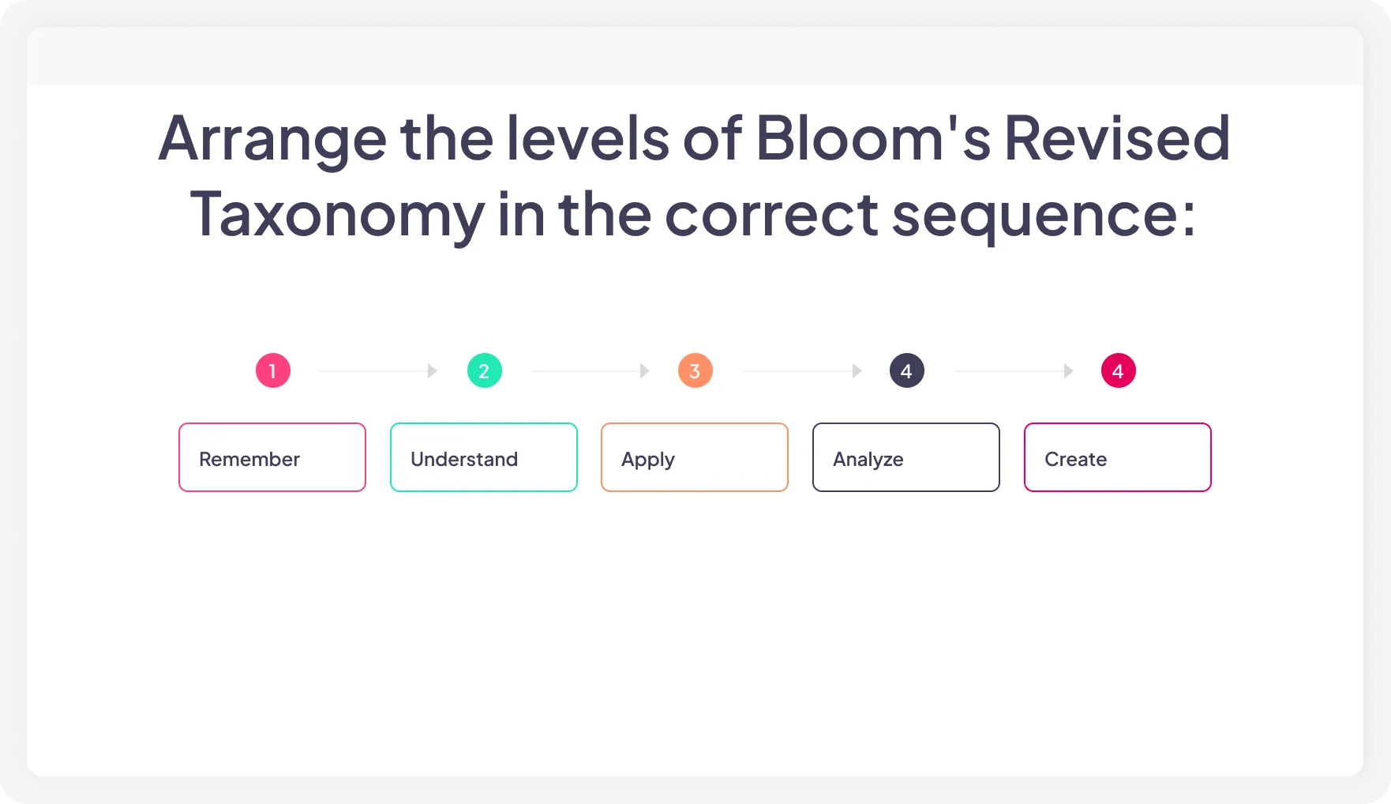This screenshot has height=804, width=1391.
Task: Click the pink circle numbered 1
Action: point(273,370)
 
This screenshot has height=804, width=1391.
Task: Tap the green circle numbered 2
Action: point(484,370)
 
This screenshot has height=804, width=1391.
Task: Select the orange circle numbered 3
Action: point(695,370)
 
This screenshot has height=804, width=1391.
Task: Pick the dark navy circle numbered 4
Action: point(906,370)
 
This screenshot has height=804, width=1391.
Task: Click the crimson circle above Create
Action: point(1118,370)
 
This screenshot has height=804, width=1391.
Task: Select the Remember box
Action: point(272,457)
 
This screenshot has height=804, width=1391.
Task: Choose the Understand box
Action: point(484,457)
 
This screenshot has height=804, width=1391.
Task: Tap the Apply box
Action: point(695,457)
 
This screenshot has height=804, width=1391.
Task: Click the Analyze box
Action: point(906,457)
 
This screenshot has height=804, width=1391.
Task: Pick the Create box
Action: point(1118,457)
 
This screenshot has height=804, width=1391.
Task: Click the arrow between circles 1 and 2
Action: point(378,370)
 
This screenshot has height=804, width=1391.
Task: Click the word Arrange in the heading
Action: point(272,139)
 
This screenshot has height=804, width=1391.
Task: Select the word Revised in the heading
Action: point(1117,139)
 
